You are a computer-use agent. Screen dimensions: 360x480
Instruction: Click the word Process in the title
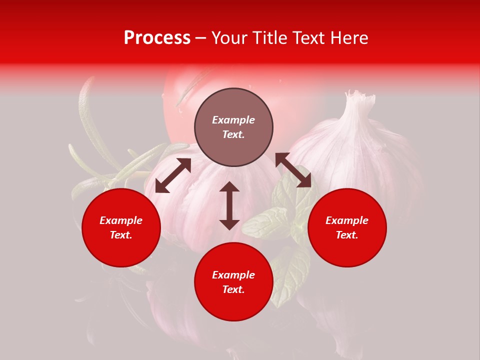[x=157, y=37]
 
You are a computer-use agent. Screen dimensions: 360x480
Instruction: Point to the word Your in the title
[x=229, y=37]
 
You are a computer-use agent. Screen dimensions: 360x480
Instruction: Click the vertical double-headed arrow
[x=229, y=205]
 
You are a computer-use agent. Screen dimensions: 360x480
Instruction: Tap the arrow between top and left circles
[x=173, y=175]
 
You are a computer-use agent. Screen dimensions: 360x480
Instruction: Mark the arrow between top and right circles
[x=293, y=170]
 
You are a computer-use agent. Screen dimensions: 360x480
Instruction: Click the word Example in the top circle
[x=233, y=120]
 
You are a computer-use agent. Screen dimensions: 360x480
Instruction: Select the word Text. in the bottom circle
[x=233, y=289]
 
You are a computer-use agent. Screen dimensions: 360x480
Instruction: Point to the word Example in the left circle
[x=121, y=220]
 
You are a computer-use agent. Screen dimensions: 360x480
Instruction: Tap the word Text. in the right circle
[x=347, y=235]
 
